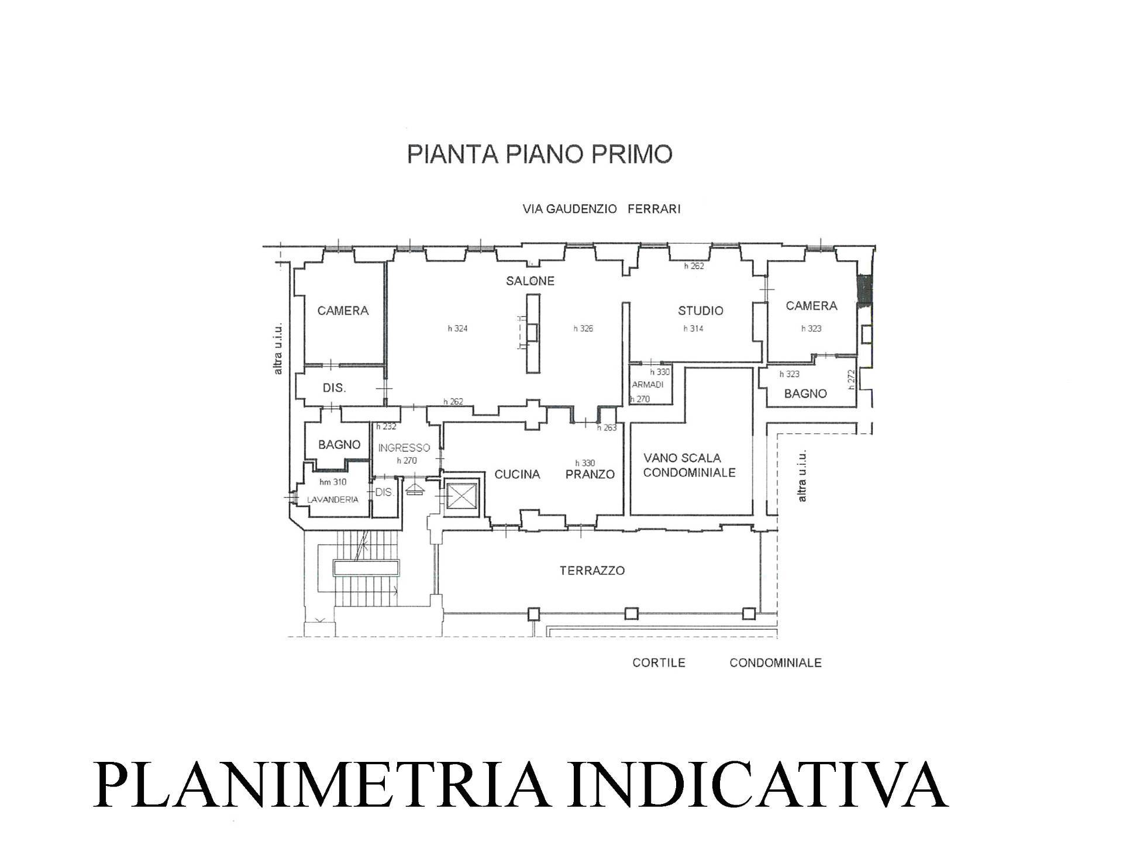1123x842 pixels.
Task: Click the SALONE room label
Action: tap(530, 281)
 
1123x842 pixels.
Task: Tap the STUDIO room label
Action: tap(700, 310)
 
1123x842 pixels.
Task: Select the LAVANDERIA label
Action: tap(333, 499)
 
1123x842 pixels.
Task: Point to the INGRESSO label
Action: tap(404, 448)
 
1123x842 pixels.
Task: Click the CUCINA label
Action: tap(517, 474)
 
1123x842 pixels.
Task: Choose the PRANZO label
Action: tap(590, 474)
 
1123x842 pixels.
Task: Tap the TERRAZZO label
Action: tap(592, 570)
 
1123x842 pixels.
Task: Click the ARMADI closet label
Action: tap(647, 385)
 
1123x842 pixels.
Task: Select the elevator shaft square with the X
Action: tap(461, 498)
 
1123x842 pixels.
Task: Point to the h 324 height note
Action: tap(457, 329)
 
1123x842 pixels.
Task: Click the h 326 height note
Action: tap(583, 329)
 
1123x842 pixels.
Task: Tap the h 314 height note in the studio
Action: tap(693, 329)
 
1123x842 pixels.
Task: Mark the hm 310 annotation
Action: tap(333, 482)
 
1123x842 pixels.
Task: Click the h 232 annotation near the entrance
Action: tap(386, 427)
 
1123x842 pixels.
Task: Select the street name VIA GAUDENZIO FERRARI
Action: tap(601, 209)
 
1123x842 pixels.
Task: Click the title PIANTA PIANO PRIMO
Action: tap(539, 154)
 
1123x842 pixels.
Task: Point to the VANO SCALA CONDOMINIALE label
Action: tap(689, 465)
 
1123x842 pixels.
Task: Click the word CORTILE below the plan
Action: tap(659, 662)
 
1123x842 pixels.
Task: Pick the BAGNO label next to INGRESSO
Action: tap(339, 444)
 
